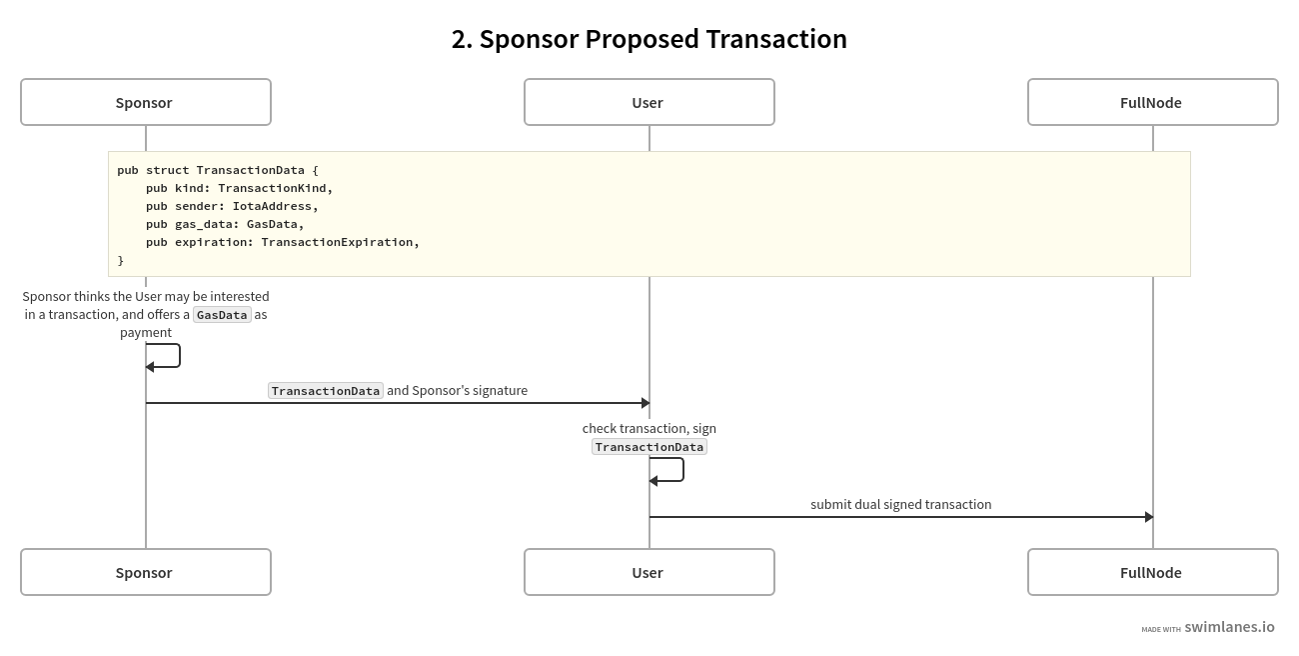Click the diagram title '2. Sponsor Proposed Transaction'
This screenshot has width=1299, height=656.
coord(649,39)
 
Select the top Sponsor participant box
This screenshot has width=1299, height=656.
coord(146,102)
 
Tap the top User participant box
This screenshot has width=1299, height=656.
coord(649,102)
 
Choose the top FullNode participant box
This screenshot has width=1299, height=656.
coord(1152,102)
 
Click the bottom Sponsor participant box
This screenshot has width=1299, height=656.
coord(146,572)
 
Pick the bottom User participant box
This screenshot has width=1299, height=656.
coord(649,572)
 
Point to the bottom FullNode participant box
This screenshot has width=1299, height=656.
coord(1152,572)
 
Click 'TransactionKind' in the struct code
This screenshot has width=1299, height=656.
coord(272,188)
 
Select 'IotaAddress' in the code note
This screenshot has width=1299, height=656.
coord(272,206)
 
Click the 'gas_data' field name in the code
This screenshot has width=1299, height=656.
coord(203,224)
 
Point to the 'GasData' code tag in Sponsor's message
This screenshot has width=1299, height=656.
coord(222,315)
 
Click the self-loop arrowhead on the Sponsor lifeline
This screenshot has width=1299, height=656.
coord(150,367)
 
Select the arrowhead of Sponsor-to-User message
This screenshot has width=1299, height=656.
coord(646,403)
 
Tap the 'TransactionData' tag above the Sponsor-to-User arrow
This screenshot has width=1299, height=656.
coord(326,391)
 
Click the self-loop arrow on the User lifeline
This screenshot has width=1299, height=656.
coord(681,470)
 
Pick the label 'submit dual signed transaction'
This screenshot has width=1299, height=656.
coord(900,504)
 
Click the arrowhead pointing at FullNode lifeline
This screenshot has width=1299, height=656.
coord(1149,517)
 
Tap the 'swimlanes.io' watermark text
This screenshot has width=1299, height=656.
coord(1229,627)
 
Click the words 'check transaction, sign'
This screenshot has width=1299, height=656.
coord(649,428)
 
